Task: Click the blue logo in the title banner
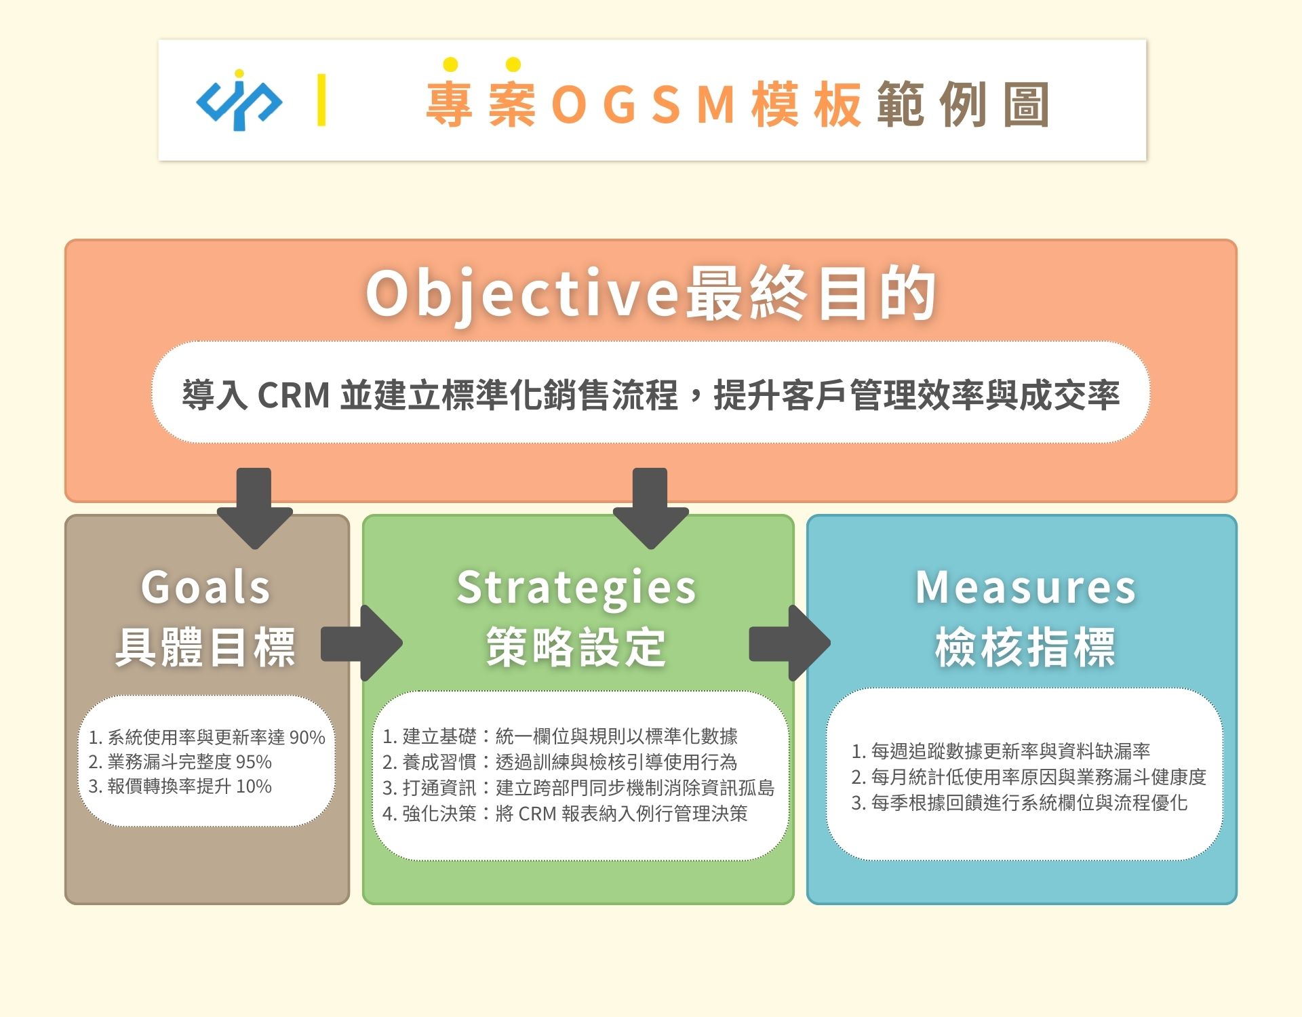tap(239, 100)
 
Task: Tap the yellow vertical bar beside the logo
tap(321, 100)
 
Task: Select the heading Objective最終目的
tap(651, 294)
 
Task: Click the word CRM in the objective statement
tap(294, 395)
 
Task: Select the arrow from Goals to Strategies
tap(361, 643)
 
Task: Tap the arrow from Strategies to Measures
tap(790, 643)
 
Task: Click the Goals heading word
tap(206, 587)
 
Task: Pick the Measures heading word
tap(1025, 587)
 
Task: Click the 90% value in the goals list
tap(307, 738)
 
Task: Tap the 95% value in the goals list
tap(254, 762)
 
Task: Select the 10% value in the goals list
tap(254, 786)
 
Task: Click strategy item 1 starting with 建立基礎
tap(560, 736)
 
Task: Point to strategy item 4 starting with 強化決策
tap(565, 814)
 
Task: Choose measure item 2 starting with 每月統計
tap(1029, 777)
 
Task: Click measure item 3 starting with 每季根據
tap(1019, 803)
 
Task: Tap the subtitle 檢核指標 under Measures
tap(1025, 647)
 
